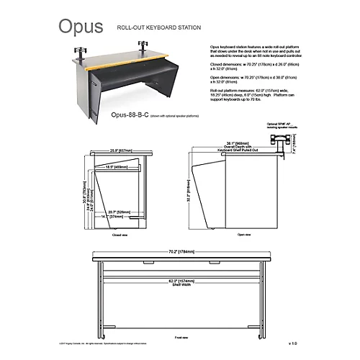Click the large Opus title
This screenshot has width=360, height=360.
(80, 27)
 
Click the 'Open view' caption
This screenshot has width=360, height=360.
(243, 234)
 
